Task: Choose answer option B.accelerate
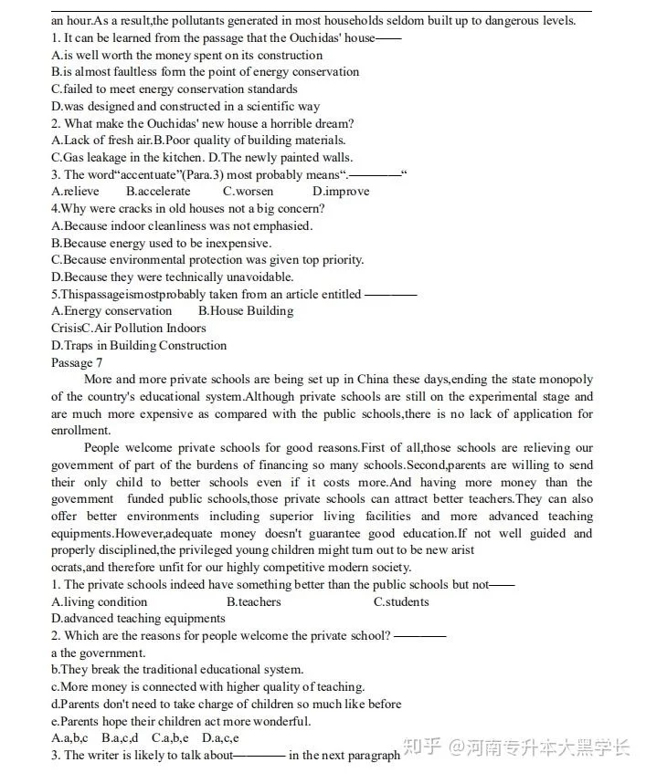point(158,192)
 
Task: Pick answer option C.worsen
point(248,192)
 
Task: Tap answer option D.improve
point(341,192)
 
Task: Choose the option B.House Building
point(246,311)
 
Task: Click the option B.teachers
point(254,601)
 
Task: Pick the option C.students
point(401,601)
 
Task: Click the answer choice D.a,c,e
point(220,738)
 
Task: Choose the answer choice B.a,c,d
point(120,738)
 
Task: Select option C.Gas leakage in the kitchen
point(124,157)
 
